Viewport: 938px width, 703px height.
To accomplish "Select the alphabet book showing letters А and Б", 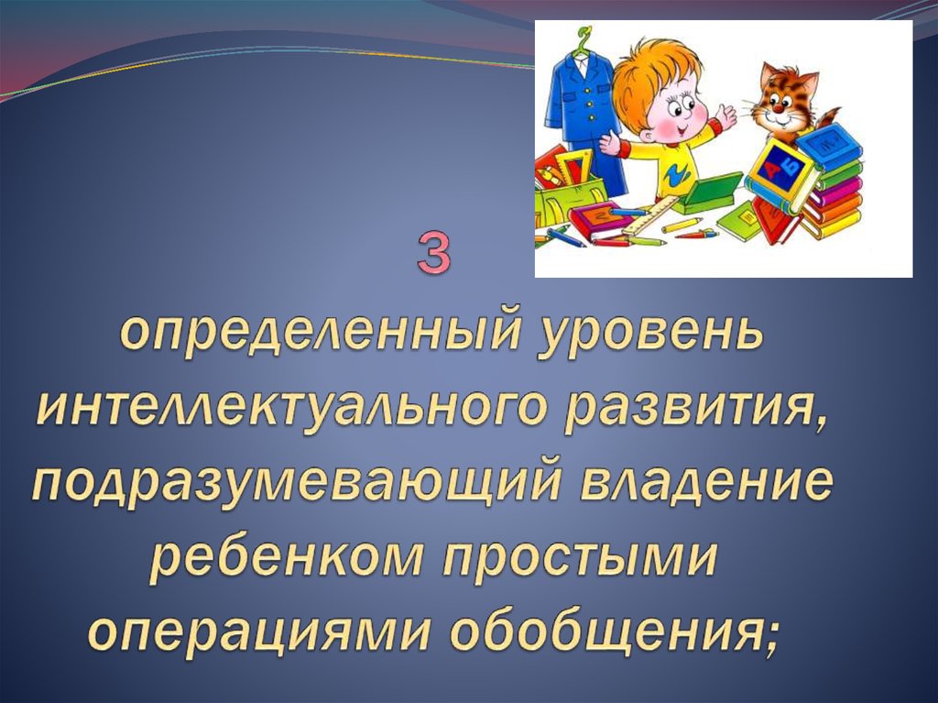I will coord(780,173).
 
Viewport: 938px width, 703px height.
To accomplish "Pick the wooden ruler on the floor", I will coord(649,216).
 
